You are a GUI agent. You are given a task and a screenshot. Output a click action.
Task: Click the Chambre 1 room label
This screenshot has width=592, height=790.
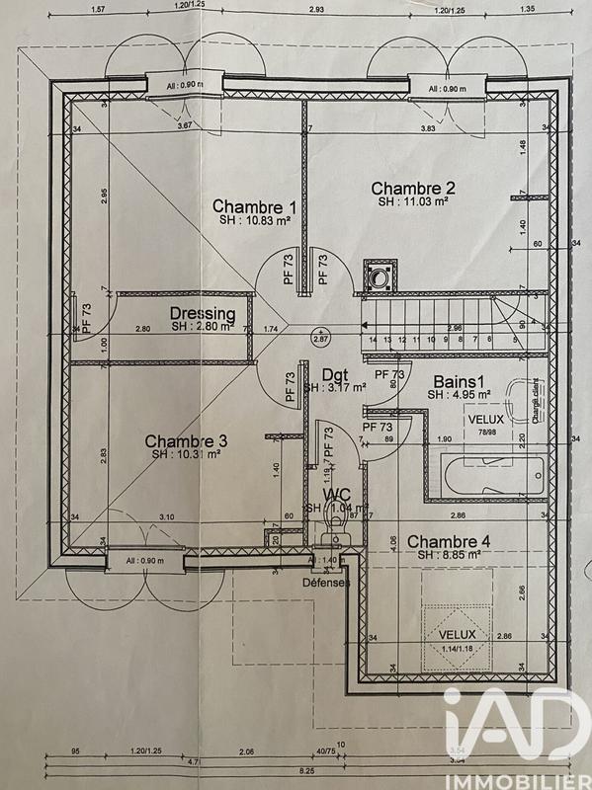(x=255, y=206)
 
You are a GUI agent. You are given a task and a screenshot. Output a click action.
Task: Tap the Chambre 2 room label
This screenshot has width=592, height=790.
(x=413, y=189)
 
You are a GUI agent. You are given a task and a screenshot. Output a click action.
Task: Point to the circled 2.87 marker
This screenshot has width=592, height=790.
(x=319, y=337)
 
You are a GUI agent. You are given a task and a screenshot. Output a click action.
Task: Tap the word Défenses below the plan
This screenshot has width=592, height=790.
(x=327, y=582)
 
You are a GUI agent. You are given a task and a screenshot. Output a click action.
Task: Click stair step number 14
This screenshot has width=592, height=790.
(x=373, y=339)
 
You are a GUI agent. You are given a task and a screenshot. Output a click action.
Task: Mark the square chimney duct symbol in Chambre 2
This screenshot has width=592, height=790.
(x=379, y=275)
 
